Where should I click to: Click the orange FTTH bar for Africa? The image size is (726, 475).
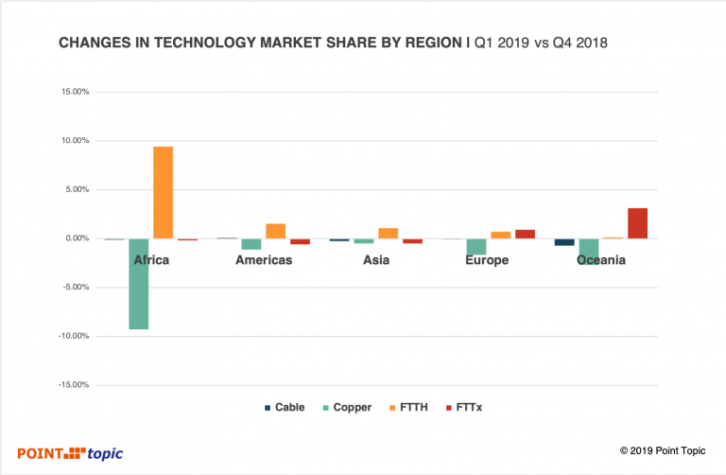(163, 192)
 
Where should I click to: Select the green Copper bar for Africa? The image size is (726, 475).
(139, 283)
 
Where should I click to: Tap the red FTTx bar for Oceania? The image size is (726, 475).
(637, 223)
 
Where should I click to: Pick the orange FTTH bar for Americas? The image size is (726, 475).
(275, 231)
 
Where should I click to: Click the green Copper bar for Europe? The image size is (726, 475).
(476, 247)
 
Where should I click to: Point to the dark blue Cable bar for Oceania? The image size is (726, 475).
(564, 242)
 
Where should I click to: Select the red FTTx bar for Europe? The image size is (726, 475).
(525, 234)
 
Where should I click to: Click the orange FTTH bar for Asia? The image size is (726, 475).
(388, 233)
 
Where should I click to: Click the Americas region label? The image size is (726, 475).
(263, 260)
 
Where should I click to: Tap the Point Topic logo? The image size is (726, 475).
(70, 453)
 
